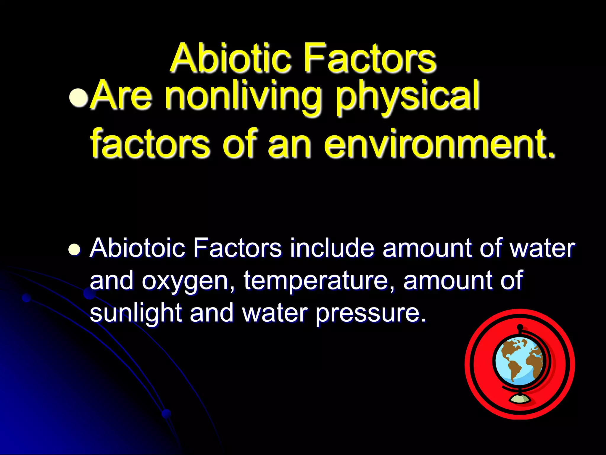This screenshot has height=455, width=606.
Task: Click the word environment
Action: (440, 145)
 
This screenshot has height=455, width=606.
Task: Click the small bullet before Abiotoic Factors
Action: (74, 249)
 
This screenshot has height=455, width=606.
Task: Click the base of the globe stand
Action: (520, 399)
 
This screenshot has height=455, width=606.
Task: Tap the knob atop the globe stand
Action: (520, 327)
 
